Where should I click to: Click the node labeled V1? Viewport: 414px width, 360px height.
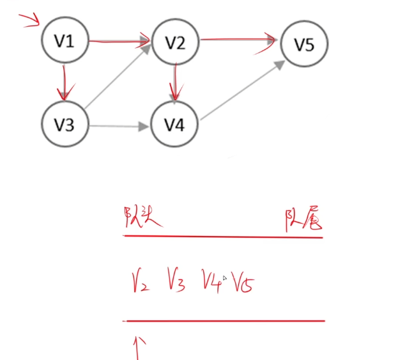65,42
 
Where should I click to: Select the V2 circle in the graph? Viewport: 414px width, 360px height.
174,43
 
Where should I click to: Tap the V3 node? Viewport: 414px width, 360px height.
65,125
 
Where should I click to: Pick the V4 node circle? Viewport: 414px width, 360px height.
174,125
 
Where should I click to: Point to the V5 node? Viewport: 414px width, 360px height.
304,44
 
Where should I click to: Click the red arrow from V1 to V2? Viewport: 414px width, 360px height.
119,43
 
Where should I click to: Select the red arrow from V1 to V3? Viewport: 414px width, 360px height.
63,82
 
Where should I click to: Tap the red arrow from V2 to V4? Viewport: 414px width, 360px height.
174,83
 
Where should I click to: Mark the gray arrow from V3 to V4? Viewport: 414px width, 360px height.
119,126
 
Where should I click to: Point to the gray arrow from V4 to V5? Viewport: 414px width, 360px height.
241,90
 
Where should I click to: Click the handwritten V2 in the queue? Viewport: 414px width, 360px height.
140,281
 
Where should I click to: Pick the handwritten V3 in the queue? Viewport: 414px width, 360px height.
176,281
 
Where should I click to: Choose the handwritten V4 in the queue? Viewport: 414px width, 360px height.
211,280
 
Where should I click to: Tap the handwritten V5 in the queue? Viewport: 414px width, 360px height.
243,281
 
